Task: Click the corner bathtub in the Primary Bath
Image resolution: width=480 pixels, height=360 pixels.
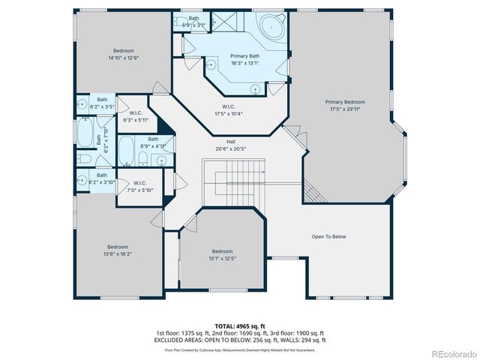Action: click(271, 26)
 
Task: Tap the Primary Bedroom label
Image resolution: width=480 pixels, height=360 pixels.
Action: click(344, 101)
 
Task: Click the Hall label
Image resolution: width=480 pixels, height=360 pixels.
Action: click(231, 142)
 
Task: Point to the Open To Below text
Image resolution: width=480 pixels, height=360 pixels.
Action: click(328, 237)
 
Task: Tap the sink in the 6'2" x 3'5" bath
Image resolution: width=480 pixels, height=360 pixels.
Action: click(81, 104)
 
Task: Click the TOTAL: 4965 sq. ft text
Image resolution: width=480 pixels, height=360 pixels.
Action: click(240, 326)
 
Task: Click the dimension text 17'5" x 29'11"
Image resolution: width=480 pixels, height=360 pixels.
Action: click(344, 108)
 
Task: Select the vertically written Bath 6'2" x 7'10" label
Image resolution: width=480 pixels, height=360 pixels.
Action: click(106, 140)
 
